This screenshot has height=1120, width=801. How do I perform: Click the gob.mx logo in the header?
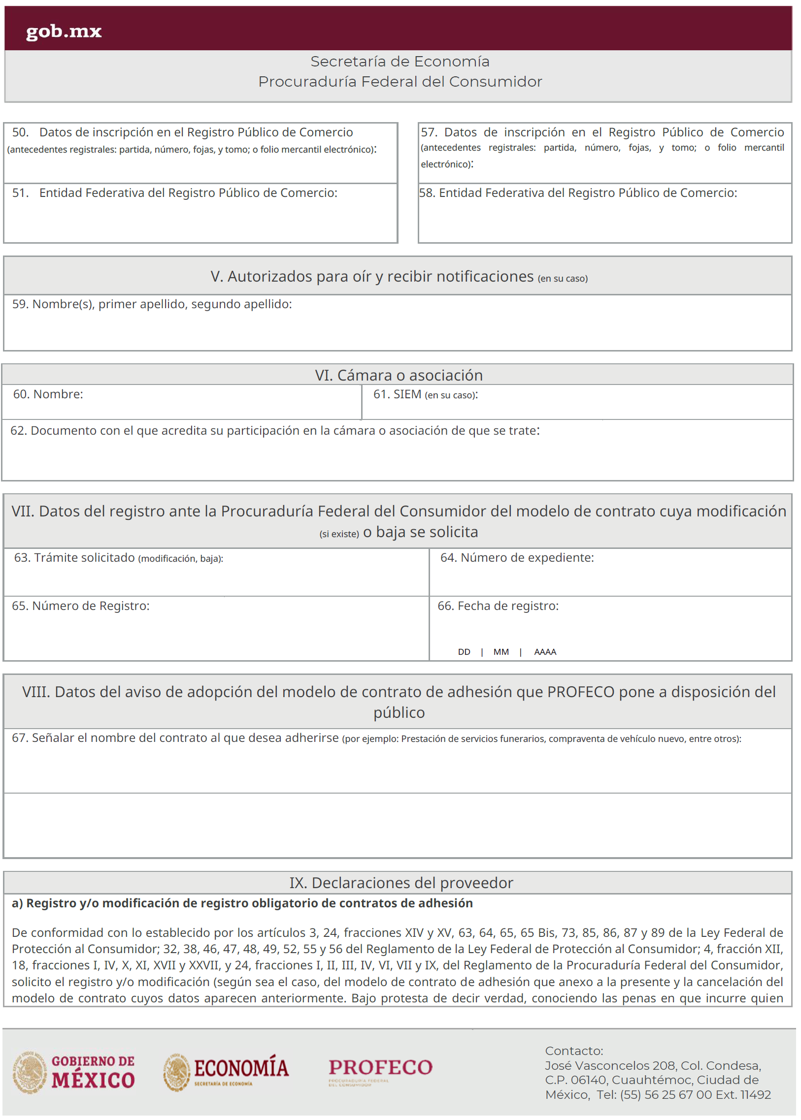pyautogui.click(x=64, y=32)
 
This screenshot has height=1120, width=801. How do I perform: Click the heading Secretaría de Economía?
pyautogui.click(x=400, y=62)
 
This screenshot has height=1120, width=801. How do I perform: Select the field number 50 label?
pyautogui.click(x=182, y=132)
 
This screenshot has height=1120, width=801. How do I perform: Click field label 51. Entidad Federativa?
pyautogui.click(x=174, y=193)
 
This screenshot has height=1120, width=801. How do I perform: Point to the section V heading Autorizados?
pyautogui.click(x=372, y=277)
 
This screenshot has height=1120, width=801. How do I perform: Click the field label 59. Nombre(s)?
pyautogui.click(x=152, y=304)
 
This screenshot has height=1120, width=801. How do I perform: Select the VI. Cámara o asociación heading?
pyautogui.click(x=399, y=375)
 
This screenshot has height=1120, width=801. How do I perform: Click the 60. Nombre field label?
pyautogui.click(x=48, y=394)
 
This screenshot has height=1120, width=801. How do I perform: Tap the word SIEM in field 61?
pyautogui.click(x=407, y=394)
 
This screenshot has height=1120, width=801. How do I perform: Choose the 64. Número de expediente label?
pyautogui.click(x=517, y=557)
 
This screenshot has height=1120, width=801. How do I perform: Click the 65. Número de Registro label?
pyautogui.click(x=81, y=606)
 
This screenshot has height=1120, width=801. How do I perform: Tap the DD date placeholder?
pyautogui.click(x=464, y=652)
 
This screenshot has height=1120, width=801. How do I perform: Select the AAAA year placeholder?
pyautogui.click(x=545, y=652)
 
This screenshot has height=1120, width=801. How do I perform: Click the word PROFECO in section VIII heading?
pyautogui.click(x=580, y=692)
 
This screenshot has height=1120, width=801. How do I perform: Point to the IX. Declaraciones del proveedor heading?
pyautogui.click(x=400, y=882)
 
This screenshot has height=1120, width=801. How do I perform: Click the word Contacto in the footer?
pyautogui.click(x=573, y=1051)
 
